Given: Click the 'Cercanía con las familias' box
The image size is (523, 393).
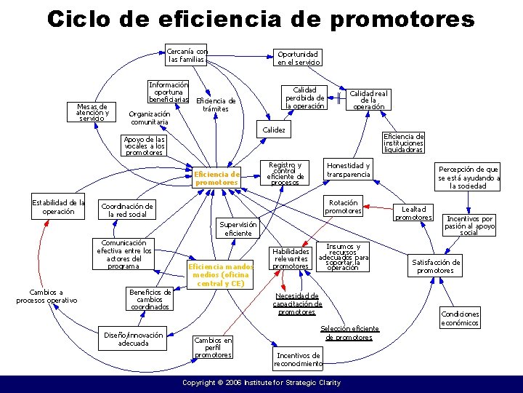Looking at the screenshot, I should pos(186,55).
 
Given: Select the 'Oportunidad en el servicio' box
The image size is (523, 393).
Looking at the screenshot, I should pos(297,58).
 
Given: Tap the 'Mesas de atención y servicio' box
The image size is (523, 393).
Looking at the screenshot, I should pos(92,112).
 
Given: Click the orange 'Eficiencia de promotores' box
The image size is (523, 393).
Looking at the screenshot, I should pos(216,178).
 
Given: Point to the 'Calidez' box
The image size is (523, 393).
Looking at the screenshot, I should pos(273,130).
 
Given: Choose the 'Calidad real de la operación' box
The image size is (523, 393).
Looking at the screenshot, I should pos(369,100).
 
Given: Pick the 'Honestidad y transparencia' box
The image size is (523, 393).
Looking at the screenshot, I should pos(348,170).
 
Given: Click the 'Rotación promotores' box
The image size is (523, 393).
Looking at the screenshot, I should pos(343,207).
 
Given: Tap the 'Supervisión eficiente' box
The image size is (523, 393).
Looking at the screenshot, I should pos(238,229).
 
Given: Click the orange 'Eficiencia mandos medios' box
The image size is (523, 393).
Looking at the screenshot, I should pos(219,274).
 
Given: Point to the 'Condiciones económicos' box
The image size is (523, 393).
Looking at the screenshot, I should pos(460,319).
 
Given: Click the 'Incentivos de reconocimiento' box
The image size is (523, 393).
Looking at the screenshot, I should pos(298,360).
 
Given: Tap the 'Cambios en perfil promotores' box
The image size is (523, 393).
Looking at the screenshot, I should pos(213,347).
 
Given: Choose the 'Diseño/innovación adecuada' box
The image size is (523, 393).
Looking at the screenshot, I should pos(133,339).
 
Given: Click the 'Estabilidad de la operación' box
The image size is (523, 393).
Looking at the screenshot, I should pos(58,207).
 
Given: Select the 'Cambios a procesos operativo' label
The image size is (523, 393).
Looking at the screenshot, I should pos(46,296).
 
